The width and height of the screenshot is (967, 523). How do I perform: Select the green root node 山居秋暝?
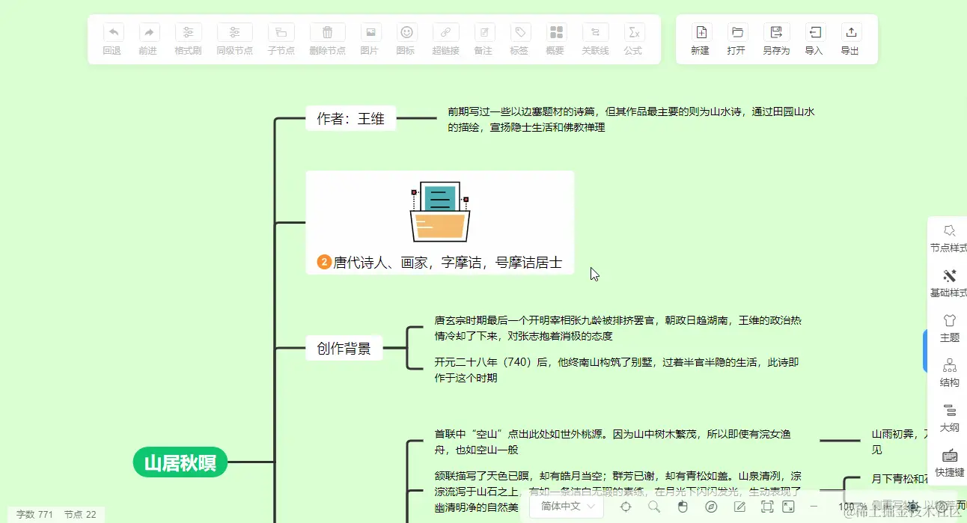[x=180, y=462]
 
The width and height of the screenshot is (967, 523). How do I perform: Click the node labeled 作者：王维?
[x=350, y=118]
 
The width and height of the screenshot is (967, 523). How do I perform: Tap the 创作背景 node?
[x=344, y=348]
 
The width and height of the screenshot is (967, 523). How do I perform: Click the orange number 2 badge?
[x=324, y=262]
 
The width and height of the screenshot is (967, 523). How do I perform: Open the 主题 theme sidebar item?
[x=950, y=327]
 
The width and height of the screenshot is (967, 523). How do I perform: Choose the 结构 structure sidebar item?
[x=950, y=372]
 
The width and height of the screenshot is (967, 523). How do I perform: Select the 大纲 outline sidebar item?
[x=950, y=417]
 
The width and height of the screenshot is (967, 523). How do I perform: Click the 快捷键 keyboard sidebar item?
[x=950, y=462]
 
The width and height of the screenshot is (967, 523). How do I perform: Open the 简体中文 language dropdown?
[x=566, y=507]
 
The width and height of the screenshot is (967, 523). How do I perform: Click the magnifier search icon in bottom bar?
[x=654, y=507]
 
